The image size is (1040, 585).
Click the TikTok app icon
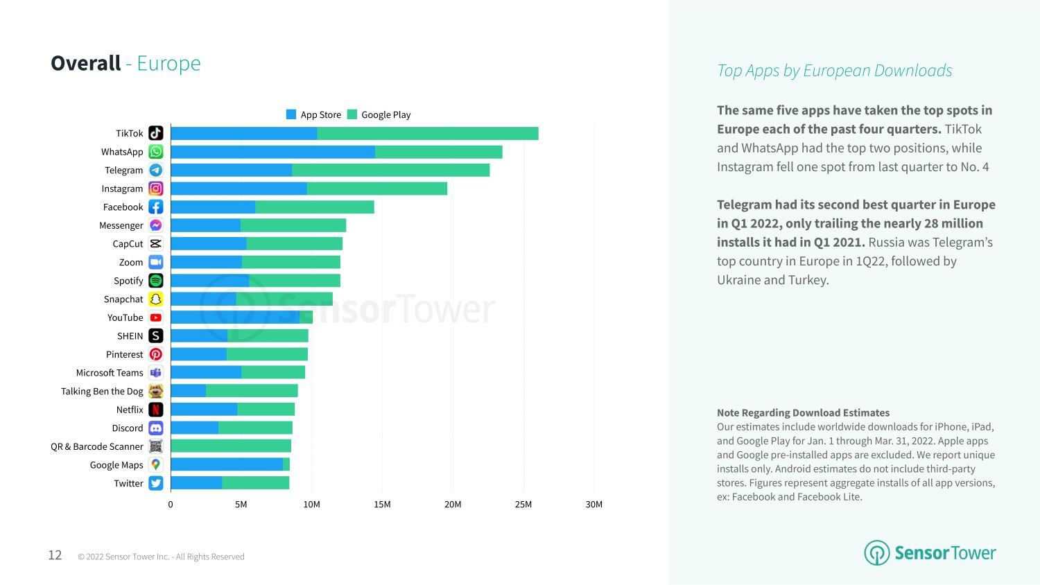[156, 133]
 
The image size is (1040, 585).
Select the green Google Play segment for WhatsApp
[438, 152]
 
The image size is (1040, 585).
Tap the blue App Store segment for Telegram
[231, 170]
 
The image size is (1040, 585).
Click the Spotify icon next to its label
[156, 281]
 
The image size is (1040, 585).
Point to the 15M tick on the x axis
[382, 505]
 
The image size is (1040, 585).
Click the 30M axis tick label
[593, 505]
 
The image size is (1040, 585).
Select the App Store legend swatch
[291, 114]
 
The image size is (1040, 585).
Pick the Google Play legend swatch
[352, 114]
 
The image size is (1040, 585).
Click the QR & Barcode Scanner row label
[96, 446]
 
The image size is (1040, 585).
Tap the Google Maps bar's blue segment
[227, 464]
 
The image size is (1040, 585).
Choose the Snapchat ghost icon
[156, 299]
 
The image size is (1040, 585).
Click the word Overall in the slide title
[86, 63]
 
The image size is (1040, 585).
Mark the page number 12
[55, 555]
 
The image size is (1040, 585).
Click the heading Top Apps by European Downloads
[834, 71]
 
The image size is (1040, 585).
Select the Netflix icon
[156, 410]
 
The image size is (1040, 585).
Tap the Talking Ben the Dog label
[102, 391]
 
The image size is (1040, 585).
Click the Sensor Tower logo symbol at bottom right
[876, 553]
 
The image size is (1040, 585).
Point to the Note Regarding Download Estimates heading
[803, 412]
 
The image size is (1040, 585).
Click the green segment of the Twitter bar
[255, 483]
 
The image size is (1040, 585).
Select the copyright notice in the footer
[161, 557]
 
